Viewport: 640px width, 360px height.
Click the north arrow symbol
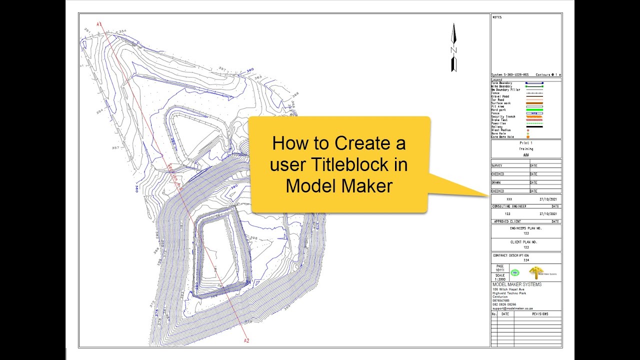454,47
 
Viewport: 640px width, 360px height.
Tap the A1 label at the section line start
99,24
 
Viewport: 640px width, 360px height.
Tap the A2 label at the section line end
246,340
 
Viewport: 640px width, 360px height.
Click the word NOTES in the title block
497,17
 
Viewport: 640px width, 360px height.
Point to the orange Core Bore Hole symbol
527,137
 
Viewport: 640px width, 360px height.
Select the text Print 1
526,143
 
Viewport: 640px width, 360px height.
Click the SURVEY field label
497,165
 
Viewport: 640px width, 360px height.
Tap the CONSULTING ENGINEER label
509,206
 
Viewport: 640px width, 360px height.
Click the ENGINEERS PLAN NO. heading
525,228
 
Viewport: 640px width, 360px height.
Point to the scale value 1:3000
500,279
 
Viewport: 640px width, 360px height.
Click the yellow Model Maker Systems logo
536,272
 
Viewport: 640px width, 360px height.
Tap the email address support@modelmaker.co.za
512,308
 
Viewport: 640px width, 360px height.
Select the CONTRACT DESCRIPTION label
510,255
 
